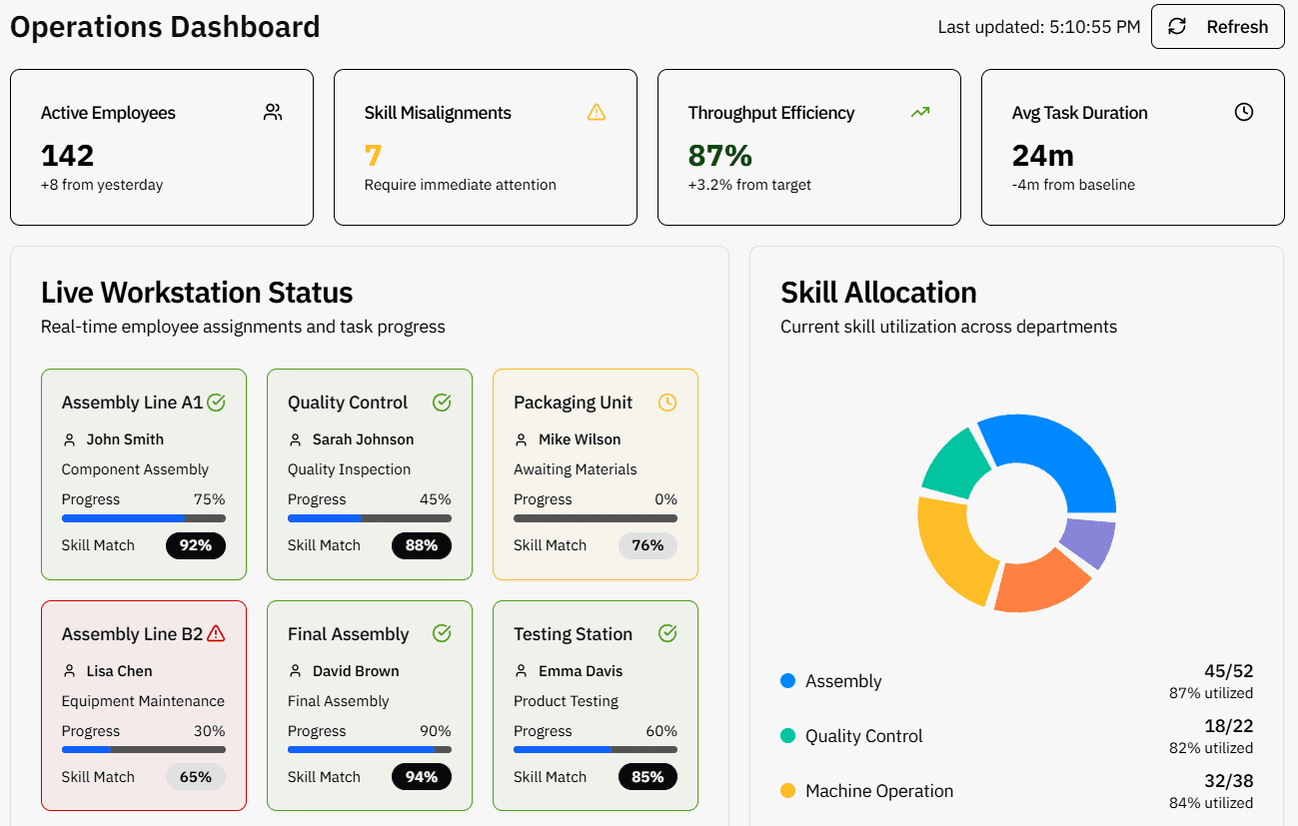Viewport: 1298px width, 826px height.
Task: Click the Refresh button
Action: [x=1217, y=27]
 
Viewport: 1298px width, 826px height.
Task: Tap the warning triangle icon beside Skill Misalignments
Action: [x=597, y=112]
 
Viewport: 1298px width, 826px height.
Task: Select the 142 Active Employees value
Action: [x=68, y=156]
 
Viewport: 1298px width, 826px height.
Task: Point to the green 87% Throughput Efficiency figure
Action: [x=719, y=156]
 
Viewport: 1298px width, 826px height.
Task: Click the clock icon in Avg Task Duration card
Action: [x=1243, y=112]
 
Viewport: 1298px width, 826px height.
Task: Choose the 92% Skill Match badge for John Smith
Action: [x=196, y=545]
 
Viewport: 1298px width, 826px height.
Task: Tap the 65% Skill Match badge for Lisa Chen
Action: [x=196, y=777]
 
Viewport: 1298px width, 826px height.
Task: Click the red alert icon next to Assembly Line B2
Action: [x=216, y=633]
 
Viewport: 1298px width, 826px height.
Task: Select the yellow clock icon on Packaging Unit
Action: [x=667, y=403]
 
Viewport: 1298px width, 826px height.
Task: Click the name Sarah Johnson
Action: [x=363, y=439]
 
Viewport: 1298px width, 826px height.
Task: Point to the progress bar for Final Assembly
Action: [x=369, y=749]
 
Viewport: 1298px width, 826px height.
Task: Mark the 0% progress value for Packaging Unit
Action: [x=665, y=499]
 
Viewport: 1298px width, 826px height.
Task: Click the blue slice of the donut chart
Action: [x=1059, y=454]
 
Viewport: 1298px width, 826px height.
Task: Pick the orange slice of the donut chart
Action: [x=1039, y=584]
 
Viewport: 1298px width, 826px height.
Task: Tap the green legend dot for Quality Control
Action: [x=787, y=736]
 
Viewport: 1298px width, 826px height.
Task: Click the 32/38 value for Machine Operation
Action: [x=1228, y=781]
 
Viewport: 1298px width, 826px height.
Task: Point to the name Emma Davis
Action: [x=581, y=671]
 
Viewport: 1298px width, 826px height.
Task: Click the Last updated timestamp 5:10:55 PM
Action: [x=1094, y=27]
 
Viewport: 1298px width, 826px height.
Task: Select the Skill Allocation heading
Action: [x=878, y=293]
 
